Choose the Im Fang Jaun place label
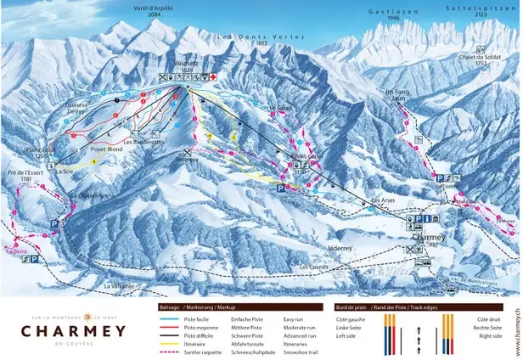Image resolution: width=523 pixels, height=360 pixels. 396,96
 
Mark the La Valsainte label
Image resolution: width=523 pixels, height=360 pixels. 119,286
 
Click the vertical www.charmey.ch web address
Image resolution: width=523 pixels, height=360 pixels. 516,327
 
